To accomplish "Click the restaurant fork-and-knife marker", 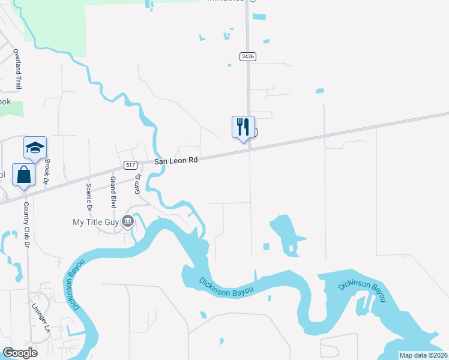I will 243,127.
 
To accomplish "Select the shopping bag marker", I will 23,175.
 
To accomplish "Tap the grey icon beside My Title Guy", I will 127,222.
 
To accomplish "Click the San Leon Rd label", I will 176,161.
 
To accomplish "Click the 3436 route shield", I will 247,56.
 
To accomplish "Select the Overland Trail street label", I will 17,69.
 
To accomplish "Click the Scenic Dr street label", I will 89,196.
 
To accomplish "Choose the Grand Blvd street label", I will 112,191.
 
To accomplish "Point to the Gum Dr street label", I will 137,184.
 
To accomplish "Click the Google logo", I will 20,353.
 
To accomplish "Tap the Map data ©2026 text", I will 423,355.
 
